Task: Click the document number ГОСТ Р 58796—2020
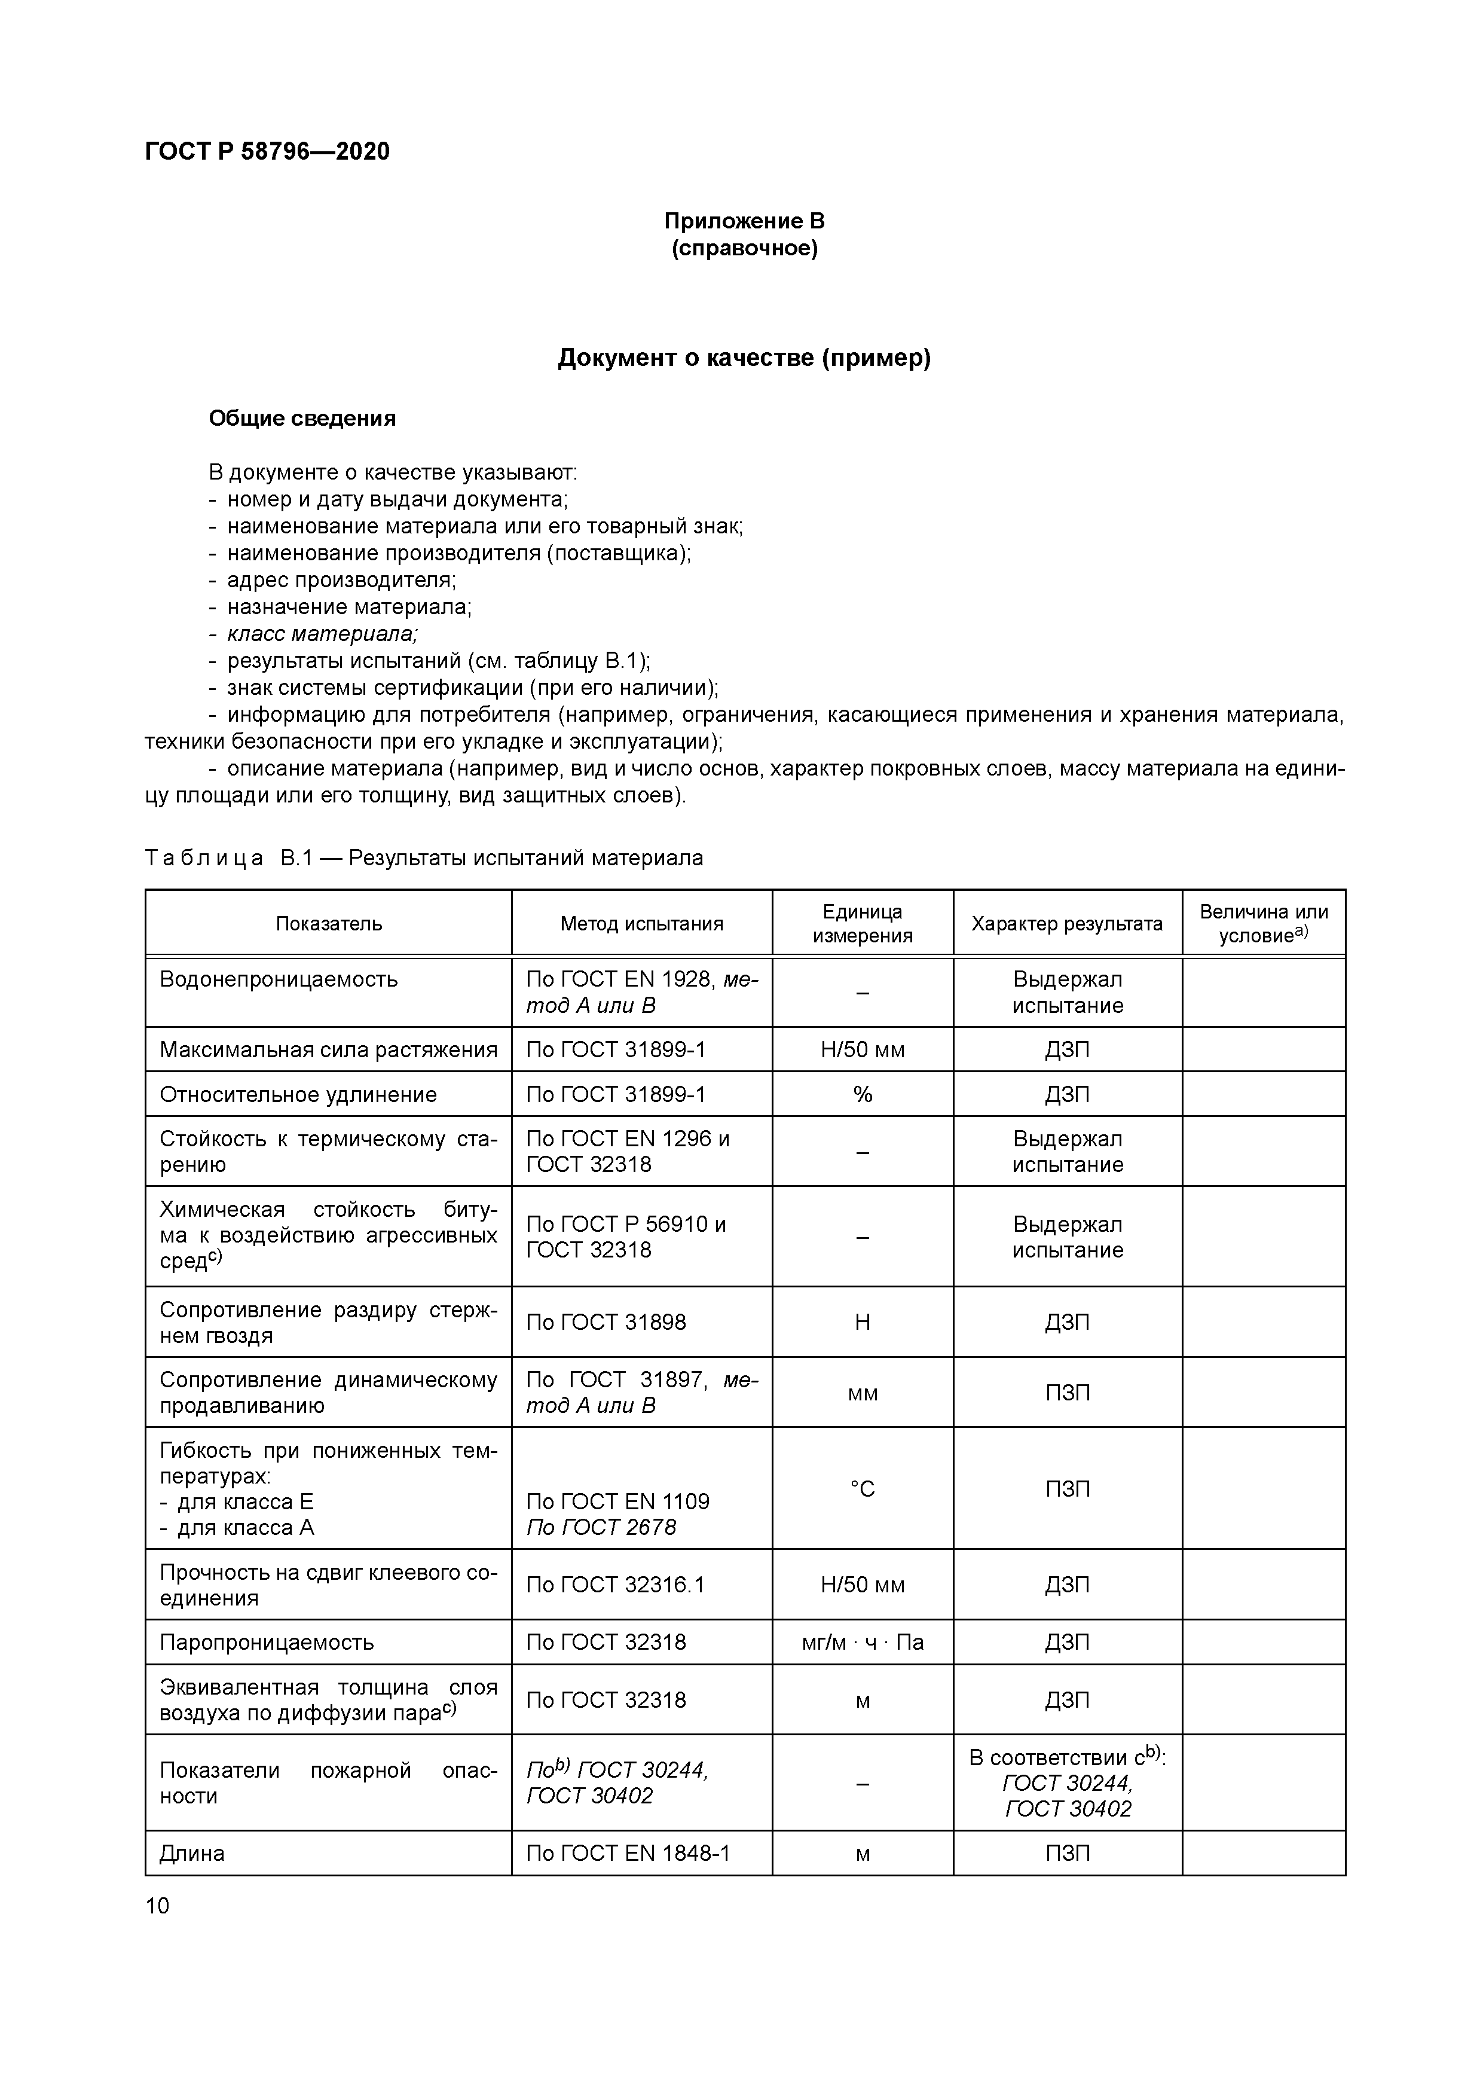point(267,152)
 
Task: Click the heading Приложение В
point(744,221)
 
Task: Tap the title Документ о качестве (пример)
point(744,358)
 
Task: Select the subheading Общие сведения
point(302,419)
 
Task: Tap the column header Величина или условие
point(1263,923)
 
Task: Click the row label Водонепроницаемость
point(279,979)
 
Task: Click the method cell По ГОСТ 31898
point(606,1323)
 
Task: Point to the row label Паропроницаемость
point(267,1642)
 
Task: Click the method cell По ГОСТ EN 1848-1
point(628,1852)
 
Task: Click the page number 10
point(157,1905)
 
